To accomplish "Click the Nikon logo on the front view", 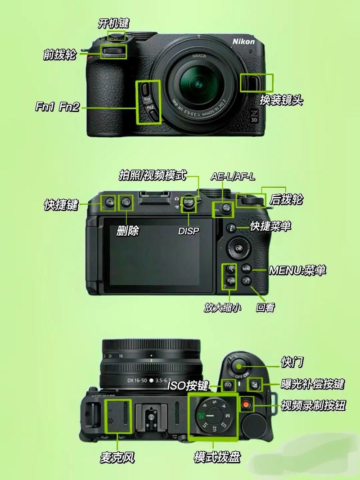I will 243,41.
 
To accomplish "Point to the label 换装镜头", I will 281,100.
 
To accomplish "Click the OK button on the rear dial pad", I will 238,248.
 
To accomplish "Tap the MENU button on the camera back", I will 246,269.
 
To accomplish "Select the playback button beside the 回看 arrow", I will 246,281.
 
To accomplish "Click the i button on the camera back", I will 231,228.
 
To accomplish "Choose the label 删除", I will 128,231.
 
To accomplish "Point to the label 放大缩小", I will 222,307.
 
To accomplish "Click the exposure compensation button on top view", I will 255,384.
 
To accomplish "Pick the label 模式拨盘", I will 217,458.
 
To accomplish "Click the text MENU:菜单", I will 297,270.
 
